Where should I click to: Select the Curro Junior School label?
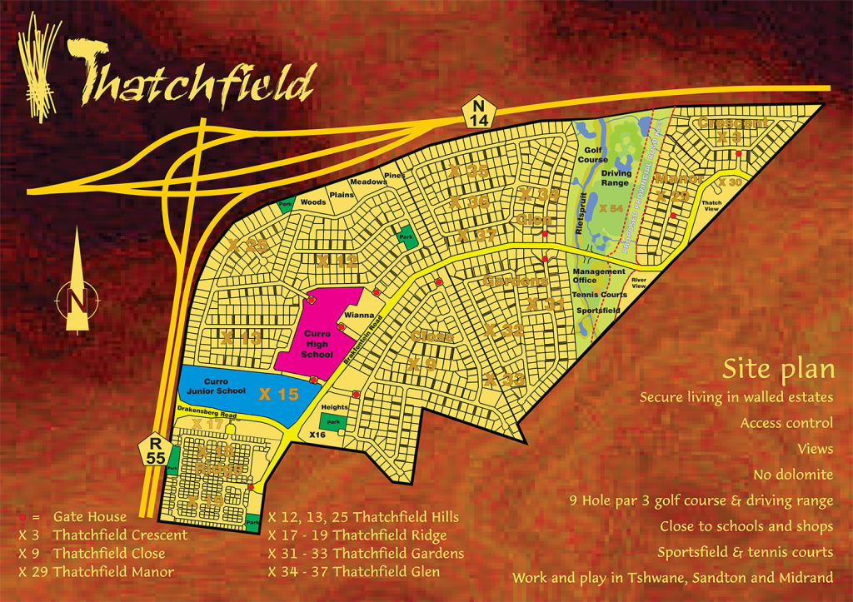(212, 386)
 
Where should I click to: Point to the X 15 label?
(277, 394)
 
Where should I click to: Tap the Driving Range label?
(616, 178)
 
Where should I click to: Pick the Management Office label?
(599, 276)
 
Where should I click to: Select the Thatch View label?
(711, 206)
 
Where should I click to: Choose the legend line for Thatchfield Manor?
(96, 572)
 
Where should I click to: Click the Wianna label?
(358, 316)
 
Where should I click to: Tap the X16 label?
(317, 435)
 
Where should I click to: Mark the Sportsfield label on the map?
(599, 309)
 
